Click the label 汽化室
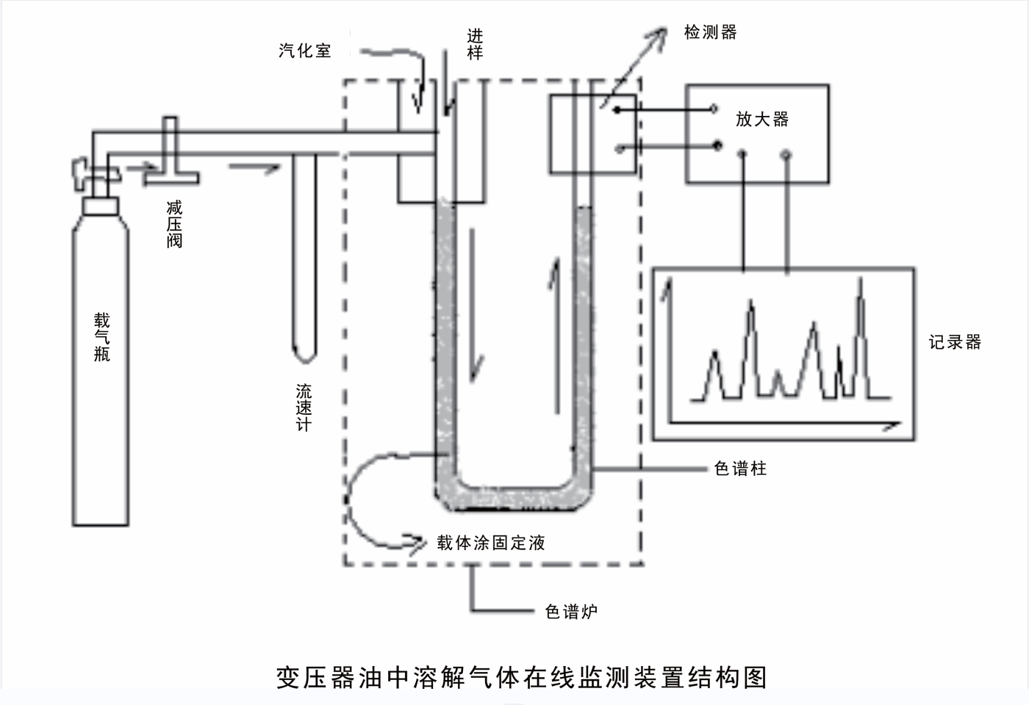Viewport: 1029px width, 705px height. pos(305,51)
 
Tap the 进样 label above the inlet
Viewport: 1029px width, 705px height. pos(475,44)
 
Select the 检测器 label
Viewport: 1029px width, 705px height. pos(710,32)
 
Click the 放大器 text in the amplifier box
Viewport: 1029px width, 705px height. pos(762,119)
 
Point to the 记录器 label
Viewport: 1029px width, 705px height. pos(955,342)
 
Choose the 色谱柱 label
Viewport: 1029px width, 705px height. pos(740,469)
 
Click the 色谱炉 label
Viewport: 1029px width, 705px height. pos(571,611)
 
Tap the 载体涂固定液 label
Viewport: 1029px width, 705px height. pos(491,543)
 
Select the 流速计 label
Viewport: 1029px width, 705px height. pos(304,408)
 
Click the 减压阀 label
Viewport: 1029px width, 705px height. pos(174,225)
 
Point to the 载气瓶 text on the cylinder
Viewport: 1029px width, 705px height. pos(101,337)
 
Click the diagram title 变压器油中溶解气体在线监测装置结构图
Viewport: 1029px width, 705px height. pos(521,677)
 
